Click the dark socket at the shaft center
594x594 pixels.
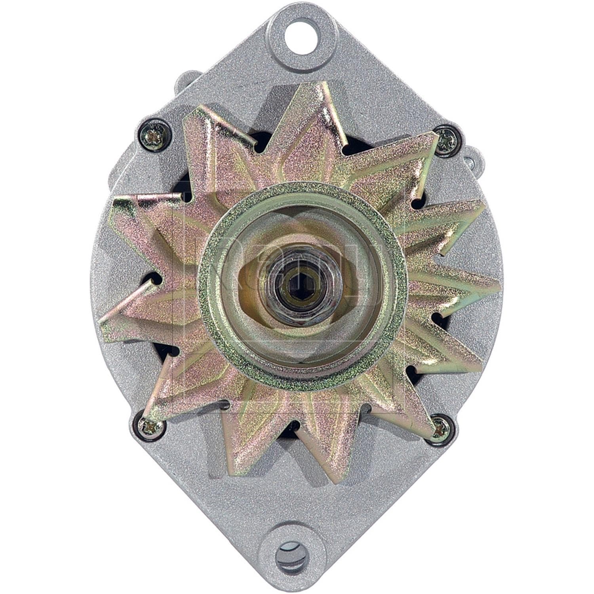296,282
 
